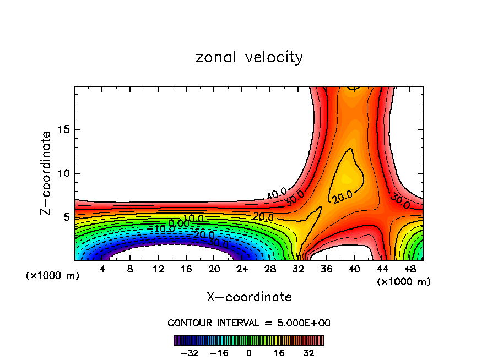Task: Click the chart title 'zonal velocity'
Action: click(249, 57)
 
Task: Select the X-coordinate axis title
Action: click(249, 297)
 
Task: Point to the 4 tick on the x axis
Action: click(102, 269)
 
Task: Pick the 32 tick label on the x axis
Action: click(298, 269)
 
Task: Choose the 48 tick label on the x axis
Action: click(409, 269)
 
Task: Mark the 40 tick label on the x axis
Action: click(354, 269)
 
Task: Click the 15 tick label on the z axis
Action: click(64, 130)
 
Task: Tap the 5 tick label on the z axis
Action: click(67, 217)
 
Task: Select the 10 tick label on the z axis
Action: click(64, 173)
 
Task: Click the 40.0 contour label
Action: click(277, 194)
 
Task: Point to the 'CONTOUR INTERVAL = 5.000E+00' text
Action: click(249, 323)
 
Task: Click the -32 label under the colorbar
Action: click(190, 353)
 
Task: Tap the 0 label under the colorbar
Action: click(249, 353)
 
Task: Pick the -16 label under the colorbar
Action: click(219, 353)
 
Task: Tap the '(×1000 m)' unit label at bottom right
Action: click(404, 281)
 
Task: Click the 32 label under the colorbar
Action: click(308, 353)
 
